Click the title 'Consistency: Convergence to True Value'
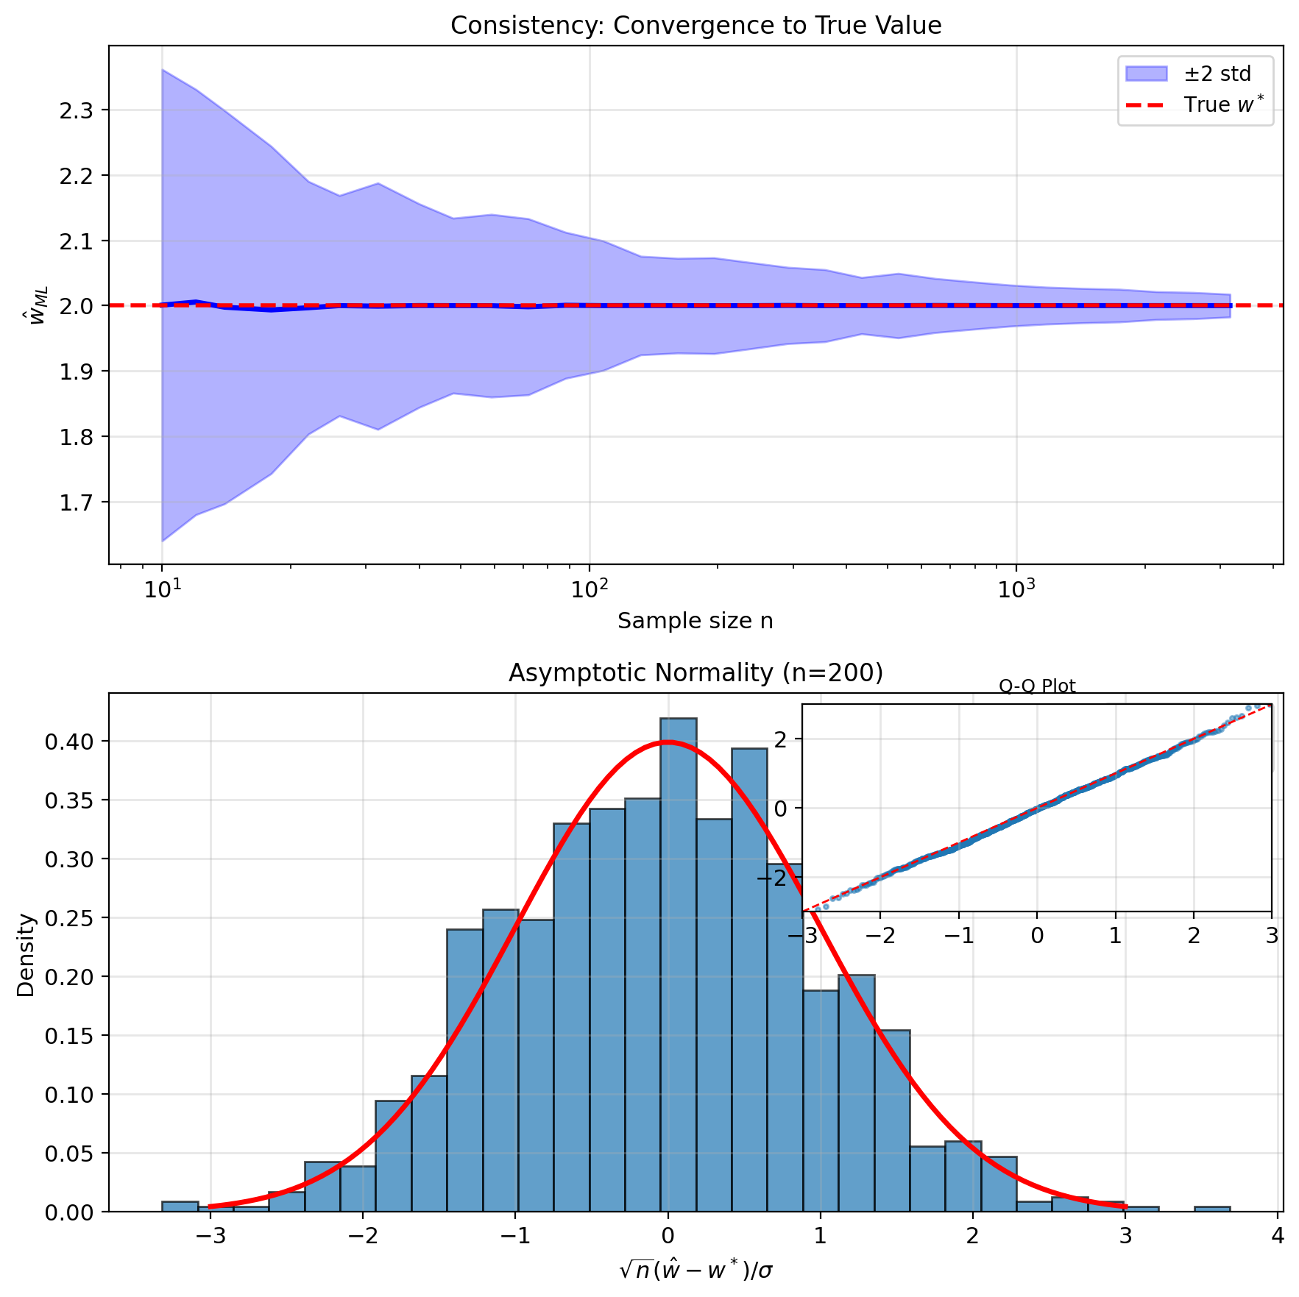(x=695, y=26)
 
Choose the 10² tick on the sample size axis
(x=589, y=589)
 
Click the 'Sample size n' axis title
(x=695, y=622)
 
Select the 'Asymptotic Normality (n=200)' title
(x=695, y=673)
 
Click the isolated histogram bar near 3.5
(x=1212, y=1209)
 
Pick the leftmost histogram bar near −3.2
(x=180, y=1207)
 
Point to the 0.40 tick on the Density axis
(x=69, y=742)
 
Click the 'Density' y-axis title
(x=26, y=955)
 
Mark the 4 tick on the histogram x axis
(x=1278, y=1237)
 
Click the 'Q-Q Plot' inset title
(x=1037, y=687)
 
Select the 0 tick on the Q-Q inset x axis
(x=1037, y=937)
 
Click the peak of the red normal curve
(x=667, y=742)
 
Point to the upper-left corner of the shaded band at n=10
(x=163, y=71)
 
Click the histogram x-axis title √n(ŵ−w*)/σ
(x=695, y=1269)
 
